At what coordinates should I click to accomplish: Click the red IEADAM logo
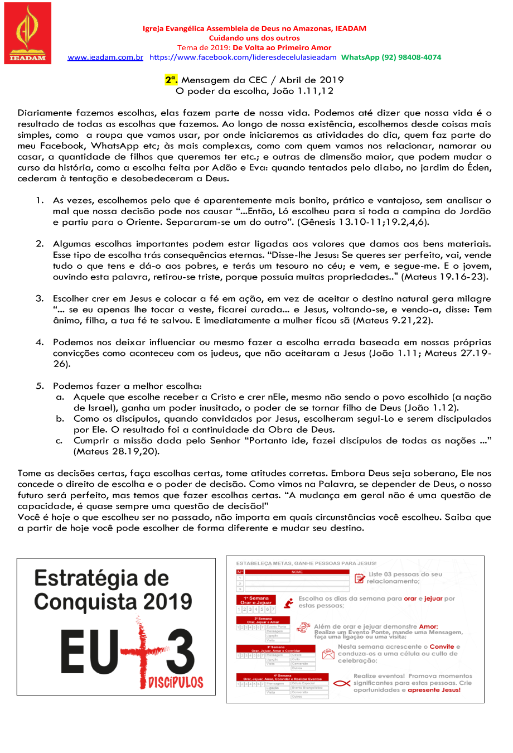27,33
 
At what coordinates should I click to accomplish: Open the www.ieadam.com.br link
105,57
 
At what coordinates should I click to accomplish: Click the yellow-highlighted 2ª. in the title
171,80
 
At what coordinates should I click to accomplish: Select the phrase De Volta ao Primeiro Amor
282,48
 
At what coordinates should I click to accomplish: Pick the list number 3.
40,299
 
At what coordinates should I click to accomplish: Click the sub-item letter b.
60,419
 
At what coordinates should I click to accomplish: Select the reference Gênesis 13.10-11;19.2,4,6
363,223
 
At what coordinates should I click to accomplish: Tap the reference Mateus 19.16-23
446,277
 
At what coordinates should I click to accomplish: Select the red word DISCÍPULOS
176,682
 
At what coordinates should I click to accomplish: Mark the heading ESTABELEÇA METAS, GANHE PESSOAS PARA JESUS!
306,563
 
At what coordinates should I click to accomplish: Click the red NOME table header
297,572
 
